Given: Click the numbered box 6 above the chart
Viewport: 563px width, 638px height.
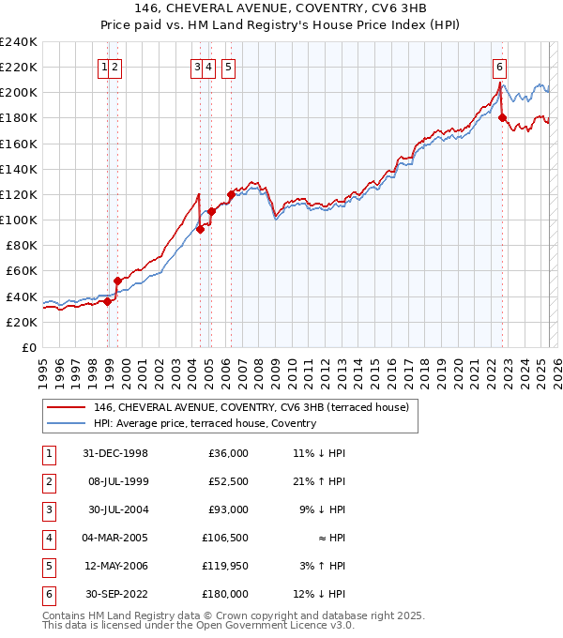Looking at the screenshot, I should [x=499, y=67].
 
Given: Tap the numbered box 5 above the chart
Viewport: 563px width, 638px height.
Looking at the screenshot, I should [x=229, y=67].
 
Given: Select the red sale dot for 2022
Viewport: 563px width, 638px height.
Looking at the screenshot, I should [x=502, y=117].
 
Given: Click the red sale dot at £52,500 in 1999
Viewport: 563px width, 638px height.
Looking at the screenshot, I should [x=117, y=281].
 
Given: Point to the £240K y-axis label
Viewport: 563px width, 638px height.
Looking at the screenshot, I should [x=19, y=42].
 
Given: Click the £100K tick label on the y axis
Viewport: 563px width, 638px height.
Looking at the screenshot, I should [x=19, y=220].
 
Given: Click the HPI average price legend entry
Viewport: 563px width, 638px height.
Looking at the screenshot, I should [x=205, y=423].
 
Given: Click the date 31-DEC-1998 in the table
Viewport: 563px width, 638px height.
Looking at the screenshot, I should [x=115, y=453].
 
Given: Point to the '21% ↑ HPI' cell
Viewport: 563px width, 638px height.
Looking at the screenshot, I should [x=319, y=481].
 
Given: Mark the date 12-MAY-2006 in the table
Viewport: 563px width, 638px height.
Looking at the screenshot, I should [x=115, y=566].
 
